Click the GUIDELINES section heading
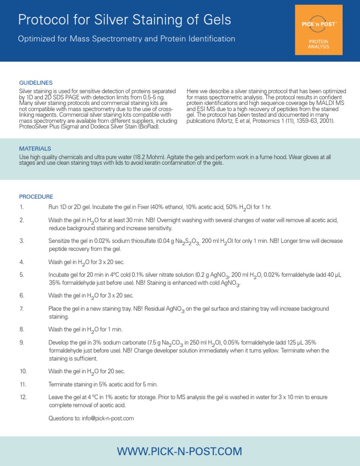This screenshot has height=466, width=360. pos(36,82)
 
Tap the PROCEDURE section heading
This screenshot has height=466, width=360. pos(36,196)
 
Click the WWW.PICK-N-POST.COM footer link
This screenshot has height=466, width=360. pos(180,451)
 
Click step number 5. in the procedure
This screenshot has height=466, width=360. pos(21,275)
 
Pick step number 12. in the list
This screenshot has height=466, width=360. pos(22,397)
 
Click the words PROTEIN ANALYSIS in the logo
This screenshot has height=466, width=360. pos(318,44)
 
